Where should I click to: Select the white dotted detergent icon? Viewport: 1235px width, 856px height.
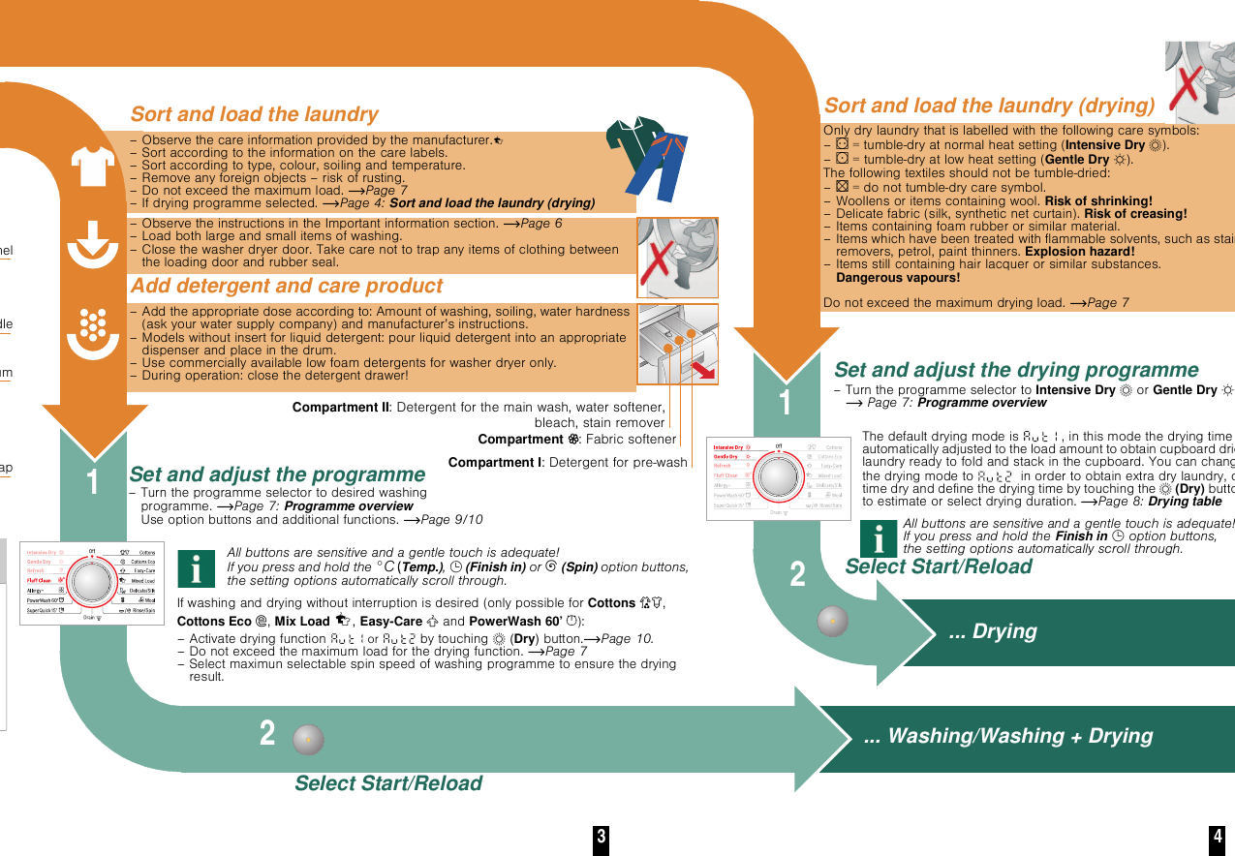[93, 330]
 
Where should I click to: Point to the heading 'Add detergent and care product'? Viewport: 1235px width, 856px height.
[286, 286]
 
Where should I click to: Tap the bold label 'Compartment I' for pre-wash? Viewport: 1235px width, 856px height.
[495, 463]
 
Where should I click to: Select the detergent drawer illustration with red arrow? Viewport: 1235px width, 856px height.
[677, 345]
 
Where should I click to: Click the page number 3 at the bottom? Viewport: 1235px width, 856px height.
[602, 838]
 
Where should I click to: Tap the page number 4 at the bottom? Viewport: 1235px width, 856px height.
[1218, 838]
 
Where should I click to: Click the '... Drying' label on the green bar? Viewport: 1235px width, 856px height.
[992, 632]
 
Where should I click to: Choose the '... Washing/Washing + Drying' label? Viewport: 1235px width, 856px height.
[1007, 736]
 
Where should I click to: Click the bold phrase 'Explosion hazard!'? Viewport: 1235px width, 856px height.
[1079, 252]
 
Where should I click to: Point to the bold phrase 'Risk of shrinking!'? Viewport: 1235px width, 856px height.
[1098, 201]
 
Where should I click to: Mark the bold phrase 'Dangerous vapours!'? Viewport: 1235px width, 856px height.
[897, 278]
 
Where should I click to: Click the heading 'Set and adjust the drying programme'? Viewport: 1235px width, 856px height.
[1016, 370]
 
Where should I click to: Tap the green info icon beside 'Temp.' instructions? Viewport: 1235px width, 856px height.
[197, 568]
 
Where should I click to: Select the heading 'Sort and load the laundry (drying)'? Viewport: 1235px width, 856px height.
[989, 106]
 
